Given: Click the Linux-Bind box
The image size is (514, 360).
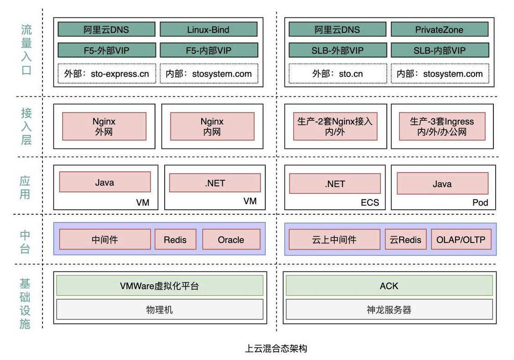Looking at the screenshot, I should (208, 30).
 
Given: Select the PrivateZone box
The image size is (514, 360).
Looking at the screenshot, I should (439, 30).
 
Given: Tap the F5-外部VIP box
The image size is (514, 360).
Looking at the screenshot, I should (107, 50).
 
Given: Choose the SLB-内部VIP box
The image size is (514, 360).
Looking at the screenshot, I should (439, 50).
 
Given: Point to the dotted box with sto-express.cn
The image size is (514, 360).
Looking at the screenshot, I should (107, 74).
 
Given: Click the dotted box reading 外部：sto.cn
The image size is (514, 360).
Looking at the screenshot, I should (337, 74).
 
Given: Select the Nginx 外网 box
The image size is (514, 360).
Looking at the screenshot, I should (104, 127).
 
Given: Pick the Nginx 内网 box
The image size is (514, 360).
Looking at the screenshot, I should (212, 127).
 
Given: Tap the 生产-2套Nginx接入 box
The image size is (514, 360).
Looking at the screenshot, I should (335, 127).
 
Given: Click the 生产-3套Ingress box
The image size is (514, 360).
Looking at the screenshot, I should (442, 127).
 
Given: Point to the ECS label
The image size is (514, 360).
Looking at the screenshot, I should (369, 202).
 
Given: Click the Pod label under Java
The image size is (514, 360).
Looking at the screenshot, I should (480, 202).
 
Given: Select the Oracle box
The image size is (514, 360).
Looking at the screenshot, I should (231, 239).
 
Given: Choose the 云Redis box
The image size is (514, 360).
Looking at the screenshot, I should (406, 239).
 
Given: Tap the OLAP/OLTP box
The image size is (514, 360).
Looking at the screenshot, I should (460, 239).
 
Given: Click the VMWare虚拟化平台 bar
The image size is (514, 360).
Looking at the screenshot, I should (160, 286).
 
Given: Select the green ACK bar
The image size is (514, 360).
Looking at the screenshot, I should (389, 286).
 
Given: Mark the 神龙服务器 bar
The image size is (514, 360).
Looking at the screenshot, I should (389, 310).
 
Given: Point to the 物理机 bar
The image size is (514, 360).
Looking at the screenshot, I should (160, 310).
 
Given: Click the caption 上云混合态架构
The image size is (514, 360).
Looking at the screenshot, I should (276, 349).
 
